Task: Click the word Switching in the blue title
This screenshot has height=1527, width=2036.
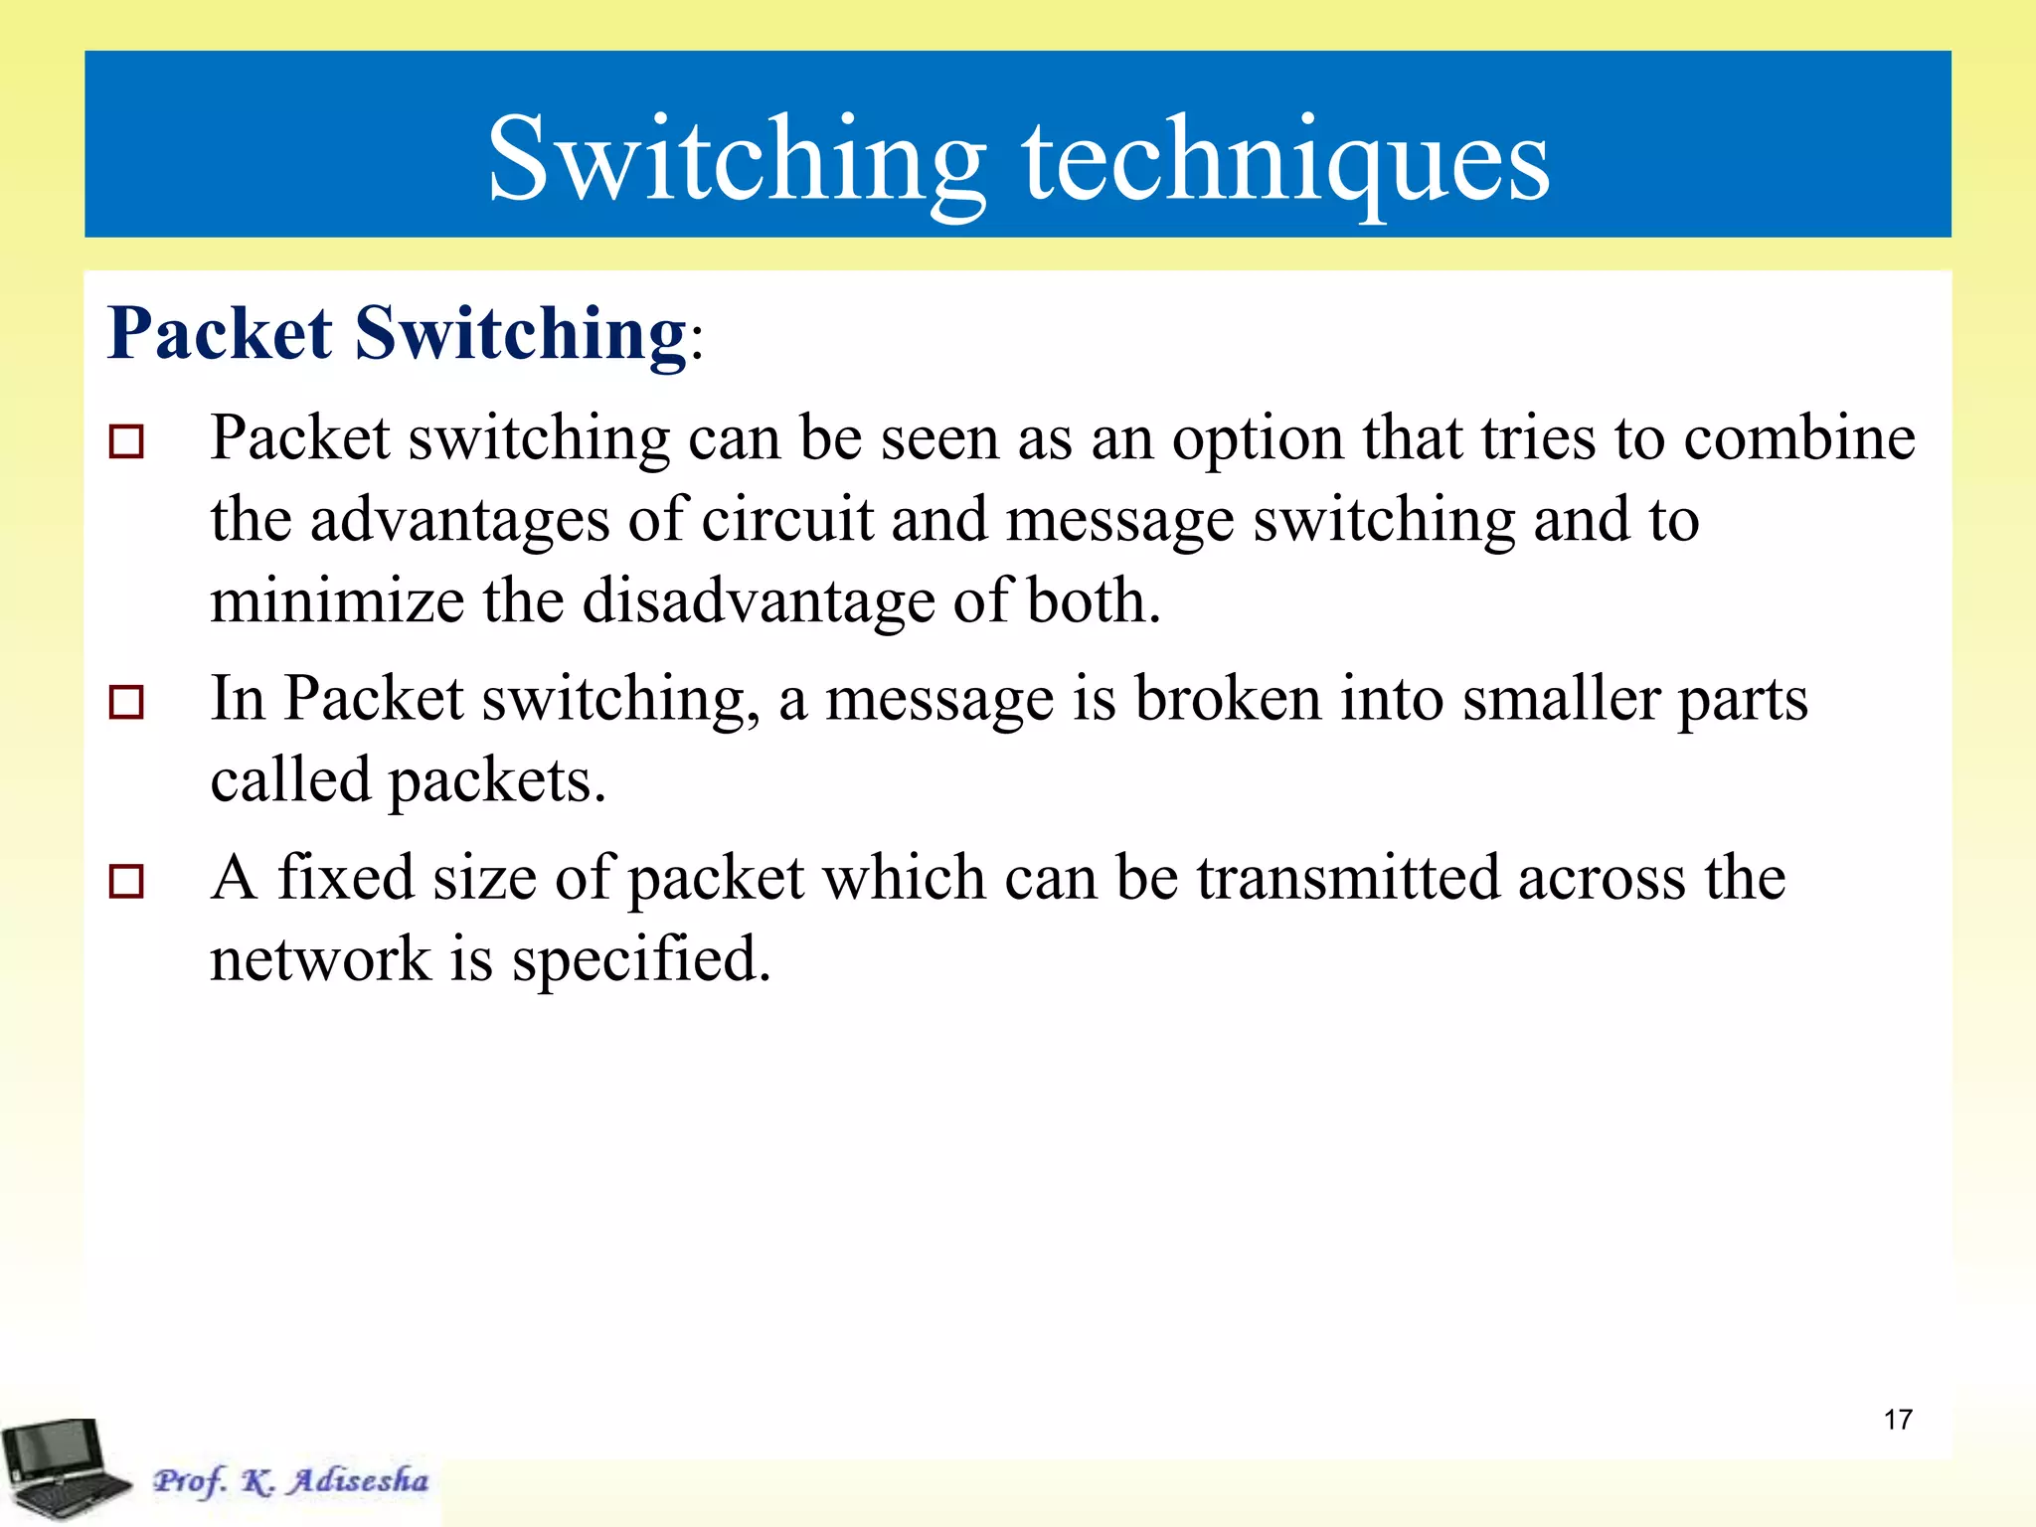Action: pyautogui.click(x=736, y=159)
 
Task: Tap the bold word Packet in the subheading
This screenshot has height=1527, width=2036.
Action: pyautogui.click(x=220, y=333)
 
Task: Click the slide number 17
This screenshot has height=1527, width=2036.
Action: pyautogui.click(x=1897, y=1420)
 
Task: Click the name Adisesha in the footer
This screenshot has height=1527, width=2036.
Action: pyautogui.click(x=359, y=1480)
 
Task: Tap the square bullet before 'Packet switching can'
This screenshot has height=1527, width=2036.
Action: pyautogui.click(x=126, y=441)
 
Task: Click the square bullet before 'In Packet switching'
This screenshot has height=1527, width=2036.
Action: pyautogui.click(x=126, y=702)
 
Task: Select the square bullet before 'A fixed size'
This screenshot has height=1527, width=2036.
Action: pyautogui.click(x=126, y=881)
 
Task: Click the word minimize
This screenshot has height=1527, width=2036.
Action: pyautogui.click(x=337, y=601)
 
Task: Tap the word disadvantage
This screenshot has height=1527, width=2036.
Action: pyautogui.click(x=758, y=601)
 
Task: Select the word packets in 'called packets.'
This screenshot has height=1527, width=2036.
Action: pyautogui.click(x=496, y=780)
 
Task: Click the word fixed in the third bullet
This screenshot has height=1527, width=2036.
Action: pyautogui.click(x=345, y=878)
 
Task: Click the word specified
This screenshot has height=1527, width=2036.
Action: pyautogui.click(x=641, y=960)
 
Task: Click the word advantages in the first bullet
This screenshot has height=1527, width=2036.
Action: pyautogui.click(x=459, y=520)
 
